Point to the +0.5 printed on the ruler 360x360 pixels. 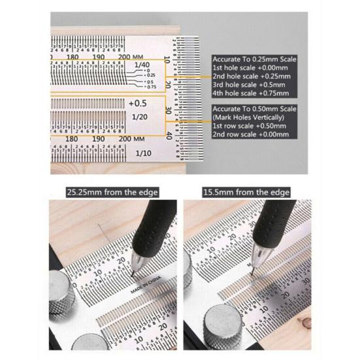point(139,103)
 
